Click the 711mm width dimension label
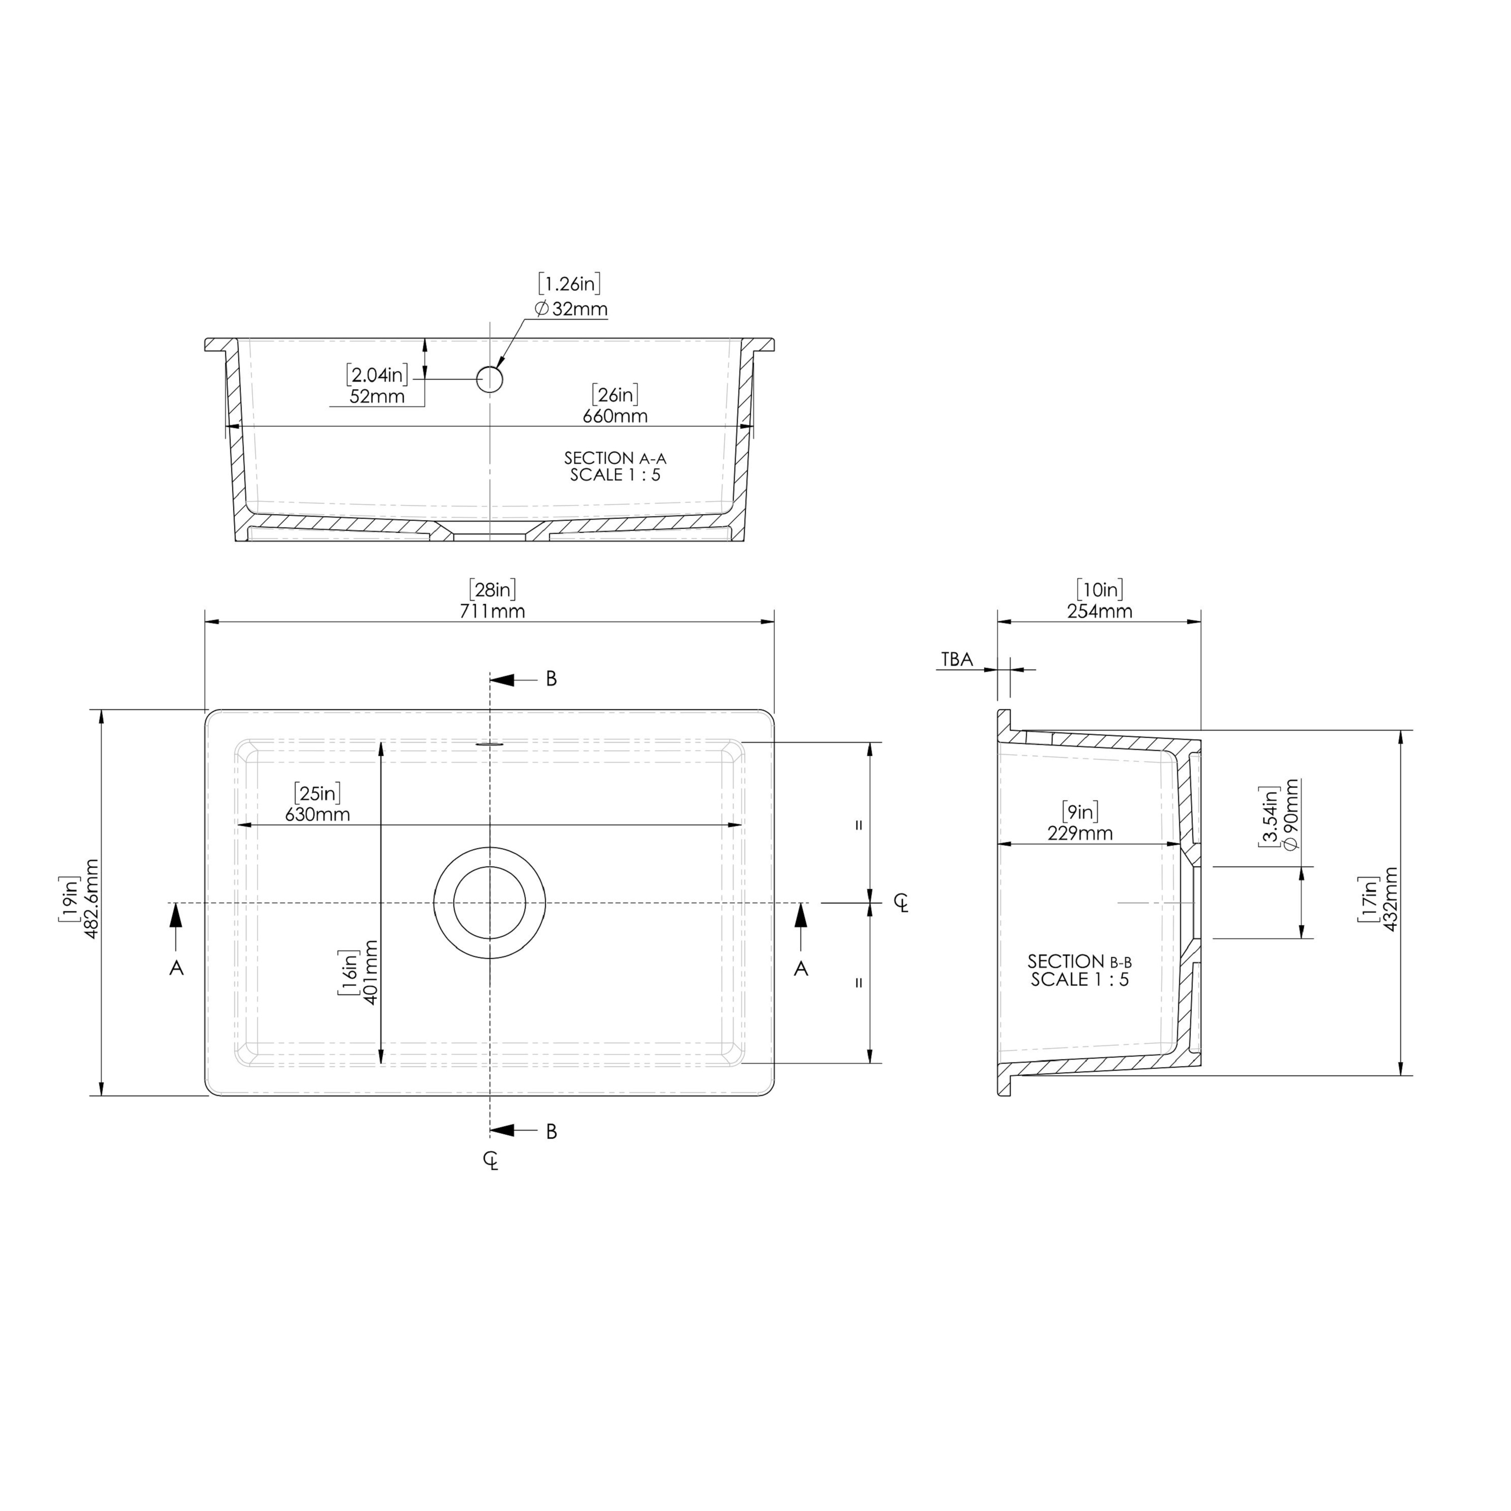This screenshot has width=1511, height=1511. point(492,611)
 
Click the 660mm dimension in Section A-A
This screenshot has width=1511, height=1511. point(614,416)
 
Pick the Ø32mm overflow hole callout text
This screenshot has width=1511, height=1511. point(571,309)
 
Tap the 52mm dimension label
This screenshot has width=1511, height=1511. point(377,396)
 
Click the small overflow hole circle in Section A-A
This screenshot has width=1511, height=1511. point(490,379)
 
